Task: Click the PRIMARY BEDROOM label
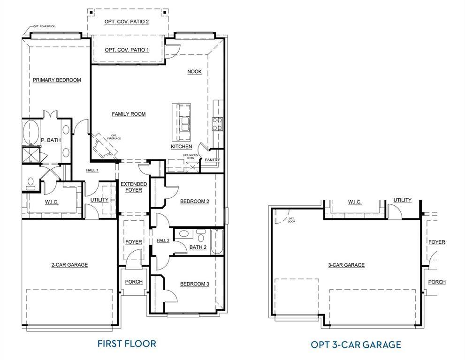point(57,80)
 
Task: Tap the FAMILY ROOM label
point(129,114)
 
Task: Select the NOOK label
point(194,72)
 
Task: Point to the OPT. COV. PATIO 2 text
point(127,22)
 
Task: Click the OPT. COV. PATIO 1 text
point(127,50)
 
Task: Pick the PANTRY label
point(212,160)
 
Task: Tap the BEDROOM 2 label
point(194,202)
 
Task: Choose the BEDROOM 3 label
point(194,284)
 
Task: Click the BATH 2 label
point(198,247)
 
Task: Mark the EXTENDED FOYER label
point(134,187)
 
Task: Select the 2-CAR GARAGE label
point(69,265)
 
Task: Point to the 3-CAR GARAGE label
point(346,265)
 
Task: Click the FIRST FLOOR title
point(127,343)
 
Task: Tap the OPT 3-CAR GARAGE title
point(356,345)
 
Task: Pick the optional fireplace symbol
point(104,146)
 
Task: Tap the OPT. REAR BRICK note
point(44,26)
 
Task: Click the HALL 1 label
point(92,170)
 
